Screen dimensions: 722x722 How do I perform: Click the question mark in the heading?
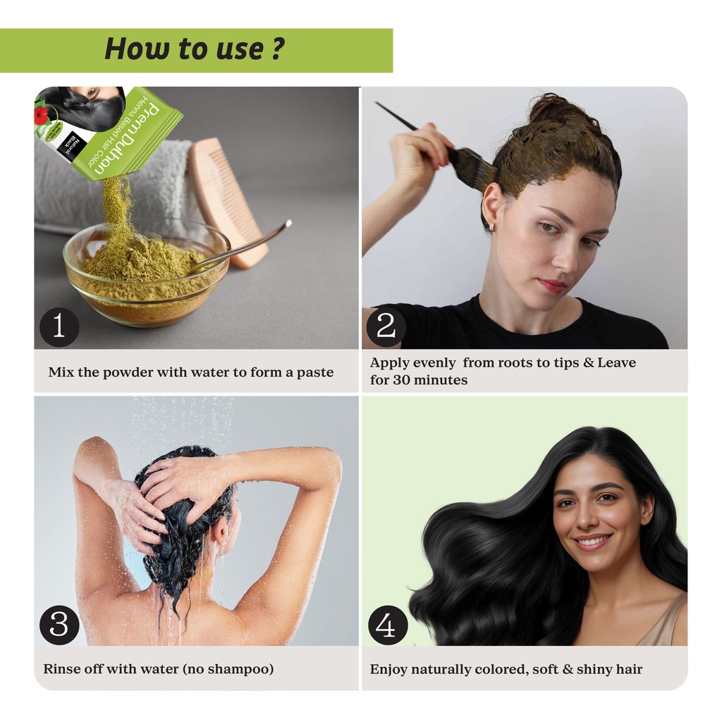pos(277,48)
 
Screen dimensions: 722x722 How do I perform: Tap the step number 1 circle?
pos(59,327)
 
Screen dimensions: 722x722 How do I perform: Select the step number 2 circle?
pos(386,327)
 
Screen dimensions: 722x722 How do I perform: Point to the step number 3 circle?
pos(59,625)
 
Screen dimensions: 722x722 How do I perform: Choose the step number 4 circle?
pos(388,625)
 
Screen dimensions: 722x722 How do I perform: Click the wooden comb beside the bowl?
pos(227,202)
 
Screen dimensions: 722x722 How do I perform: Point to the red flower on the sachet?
pos(40,114)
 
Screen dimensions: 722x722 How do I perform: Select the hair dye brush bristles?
pos(475,166)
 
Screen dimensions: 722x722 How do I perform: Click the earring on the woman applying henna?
pos(491,226)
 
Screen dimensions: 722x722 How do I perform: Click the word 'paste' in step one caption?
pos(315,372)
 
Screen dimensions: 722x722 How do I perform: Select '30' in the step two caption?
pos(401,380)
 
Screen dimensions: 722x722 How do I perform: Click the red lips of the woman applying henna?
pos(553,285)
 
